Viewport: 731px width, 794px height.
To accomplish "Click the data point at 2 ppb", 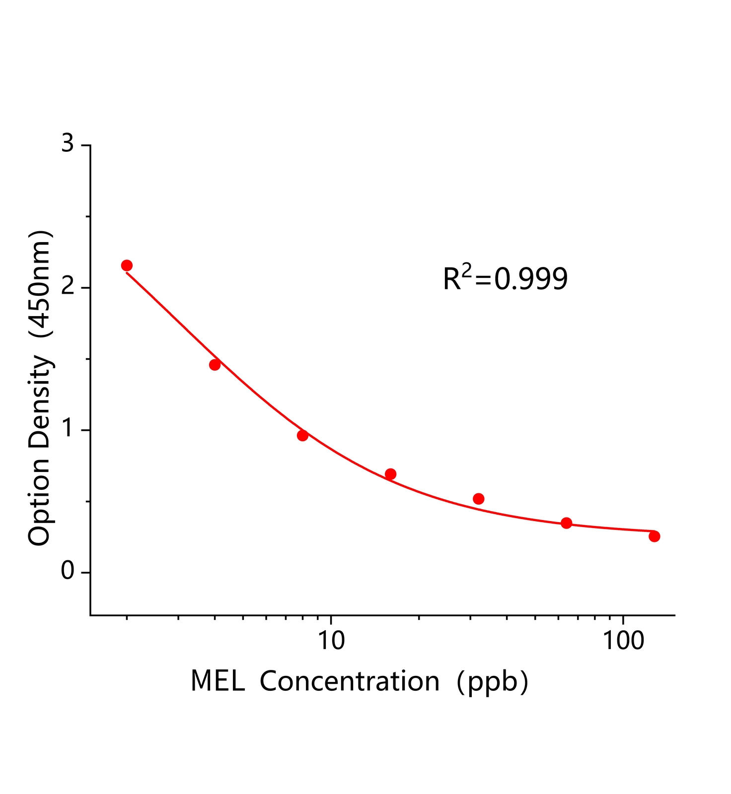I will click(x=127, y=265).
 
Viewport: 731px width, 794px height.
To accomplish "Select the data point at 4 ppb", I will click(x=215, y=365).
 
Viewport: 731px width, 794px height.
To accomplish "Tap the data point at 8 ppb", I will click(x=302, y=435).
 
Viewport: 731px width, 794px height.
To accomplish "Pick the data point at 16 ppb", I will click(x=390, y=474).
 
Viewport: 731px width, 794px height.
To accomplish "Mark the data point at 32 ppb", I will click(x=478, y=499).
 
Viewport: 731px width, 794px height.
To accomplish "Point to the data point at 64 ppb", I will click(x=566, y=523).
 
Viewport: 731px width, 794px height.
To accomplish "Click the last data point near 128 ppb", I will click(x=654, y=536).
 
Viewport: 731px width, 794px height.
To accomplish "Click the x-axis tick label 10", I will click(x=331, y=641).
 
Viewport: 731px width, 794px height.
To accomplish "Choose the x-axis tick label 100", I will click(x=623, y=641).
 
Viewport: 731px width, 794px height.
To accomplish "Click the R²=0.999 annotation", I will click(x=505, y=278).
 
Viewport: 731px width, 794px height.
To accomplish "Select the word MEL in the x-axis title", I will click(x=218, y=681).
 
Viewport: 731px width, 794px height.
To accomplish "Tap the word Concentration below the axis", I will click(x=349, y=681).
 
